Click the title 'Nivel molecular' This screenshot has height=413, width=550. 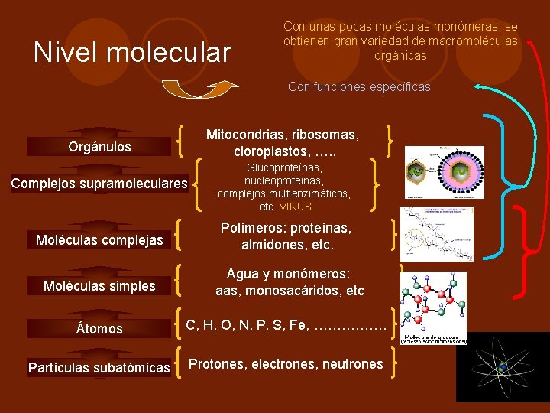pos(132,52)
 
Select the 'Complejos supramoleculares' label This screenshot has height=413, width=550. pos(99,184)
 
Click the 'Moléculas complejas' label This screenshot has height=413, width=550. pos(99,240)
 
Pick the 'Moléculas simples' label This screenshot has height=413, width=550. pos(99,286)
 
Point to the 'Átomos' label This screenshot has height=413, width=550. pos(99,328)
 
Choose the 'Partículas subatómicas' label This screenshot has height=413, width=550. pos(99,368)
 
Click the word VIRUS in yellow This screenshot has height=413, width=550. pos(296,206)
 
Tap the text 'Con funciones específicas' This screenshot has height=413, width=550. pos(359,86)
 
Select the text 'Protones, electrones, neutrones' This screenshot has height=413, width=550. pos(286,364)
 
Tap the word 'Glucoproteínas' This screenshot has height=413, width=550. pos(284,167)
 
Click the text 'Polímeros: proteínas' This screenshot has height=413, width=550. pos(286,228)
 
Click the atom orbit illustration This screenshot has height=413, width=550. pos(503,368)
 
